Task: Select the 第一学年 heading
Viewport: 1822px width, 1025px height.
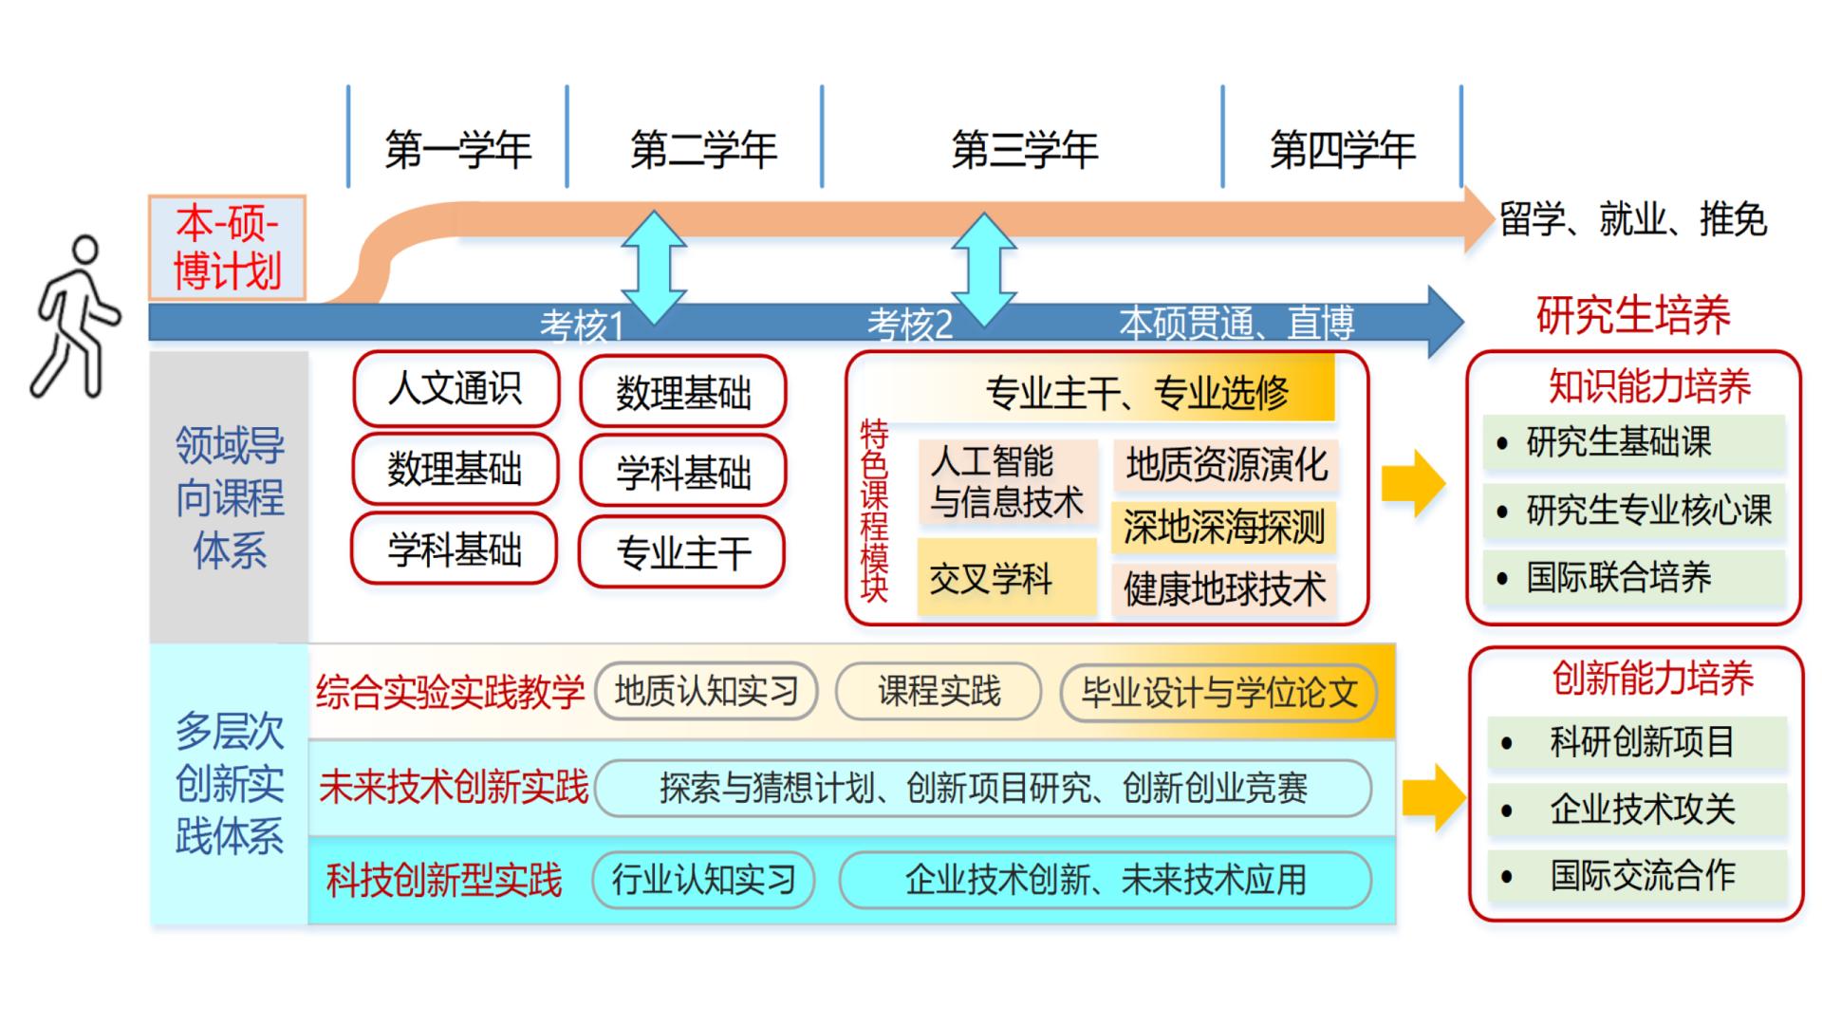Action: pyautogui.click(x=457, y=150)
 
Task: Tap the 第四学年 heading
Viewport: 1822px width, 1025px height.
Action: pyautogui.click(x=1342, y=150)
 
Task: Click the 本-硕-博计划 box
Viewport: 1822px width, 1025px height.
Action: pyautogui.click(x=227, y=248)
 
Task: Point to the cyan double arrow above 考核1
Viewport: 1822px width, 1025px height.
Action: pyautogui.click(x=653, y=268)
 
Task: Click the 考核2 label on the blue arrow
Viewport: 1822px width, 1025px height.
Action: pyautogui.click(x=909, y=325)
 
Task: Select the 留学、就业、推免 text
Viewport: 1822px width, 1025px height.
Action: pyautogui.click(x=1632, y=220)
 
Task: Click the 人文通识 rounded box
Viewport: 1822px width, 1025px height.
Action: pyautogui.click(x=455, y=389)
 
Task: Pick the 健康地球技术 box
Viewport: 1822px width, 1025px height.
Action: pyautogui.click(x=1224, y=589)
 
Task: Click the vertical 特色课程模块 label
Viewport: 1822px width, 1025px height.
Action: pyautogui.click(x=873, y=512)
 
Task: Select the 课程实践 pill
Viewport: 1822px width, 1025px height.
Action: pyautogui.click(x=938, y=691)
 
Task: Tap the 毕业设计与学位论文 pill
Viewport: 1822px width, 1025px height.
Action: pyautogui.click(x=1218, y=692)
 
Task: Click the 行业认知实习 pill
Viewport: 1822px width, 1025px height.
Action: pyautogui.click(x=703, y=880)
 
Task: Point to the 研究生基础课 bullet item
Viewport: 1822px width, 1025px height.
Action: pyautogui.click(x=1632, y=442)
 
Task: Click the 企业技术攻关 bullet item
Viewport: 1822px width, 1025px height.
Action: pyautogui.click(x=1640, y=810)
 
